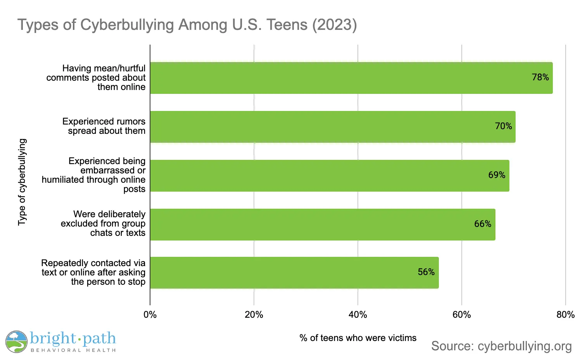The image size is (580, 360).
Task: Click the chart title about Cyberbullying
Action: [x=187, y=25]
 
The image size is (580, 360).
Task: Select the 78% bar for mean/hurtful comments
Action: [x=351, y=78]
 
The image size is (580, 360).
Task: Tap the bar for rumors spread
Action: [x=332, y=127]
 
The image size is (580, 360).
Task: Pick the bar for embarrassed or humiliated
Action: [x=329, y=176]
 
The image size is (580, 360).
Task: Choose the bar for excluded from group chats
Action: [x=322, y=225]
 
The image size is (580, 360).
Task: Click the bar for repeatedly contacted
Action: [x=294, y=273]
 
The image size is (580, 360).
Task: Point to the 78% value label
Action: [x=540, y=77]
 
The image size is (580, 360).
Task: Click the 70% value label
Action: [x=503, y=126]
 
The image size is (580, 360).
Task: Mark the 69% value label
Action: [x=497, y=175]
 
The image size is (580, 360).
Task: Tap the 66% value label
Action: [x=483, y=224]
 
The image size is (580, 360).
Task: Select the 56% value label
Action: [x=426, y=272]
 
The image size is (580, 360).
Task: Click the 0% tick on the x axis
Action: [x=150, y=315]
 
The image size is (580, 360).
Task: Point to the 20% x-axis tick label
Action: [x=254, y=315]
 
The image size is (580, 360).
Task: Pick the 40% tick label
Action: [x=357, y=315]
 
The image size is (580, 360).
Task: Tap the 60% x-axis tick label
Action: [x=461, y=315]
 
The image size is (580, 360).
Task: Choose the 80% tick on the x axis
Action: [x=565, y=315]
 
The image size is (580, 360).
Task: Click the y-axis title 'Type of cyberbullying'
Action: [x=22, y=182]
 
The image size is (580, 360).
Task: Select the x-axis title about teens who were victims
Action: [x=358, y=338]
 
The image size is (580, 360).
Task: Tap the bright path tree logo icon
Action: [x=16, y=342]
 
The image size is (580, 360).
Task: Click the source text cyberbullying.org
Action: [x=501, y=346]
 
